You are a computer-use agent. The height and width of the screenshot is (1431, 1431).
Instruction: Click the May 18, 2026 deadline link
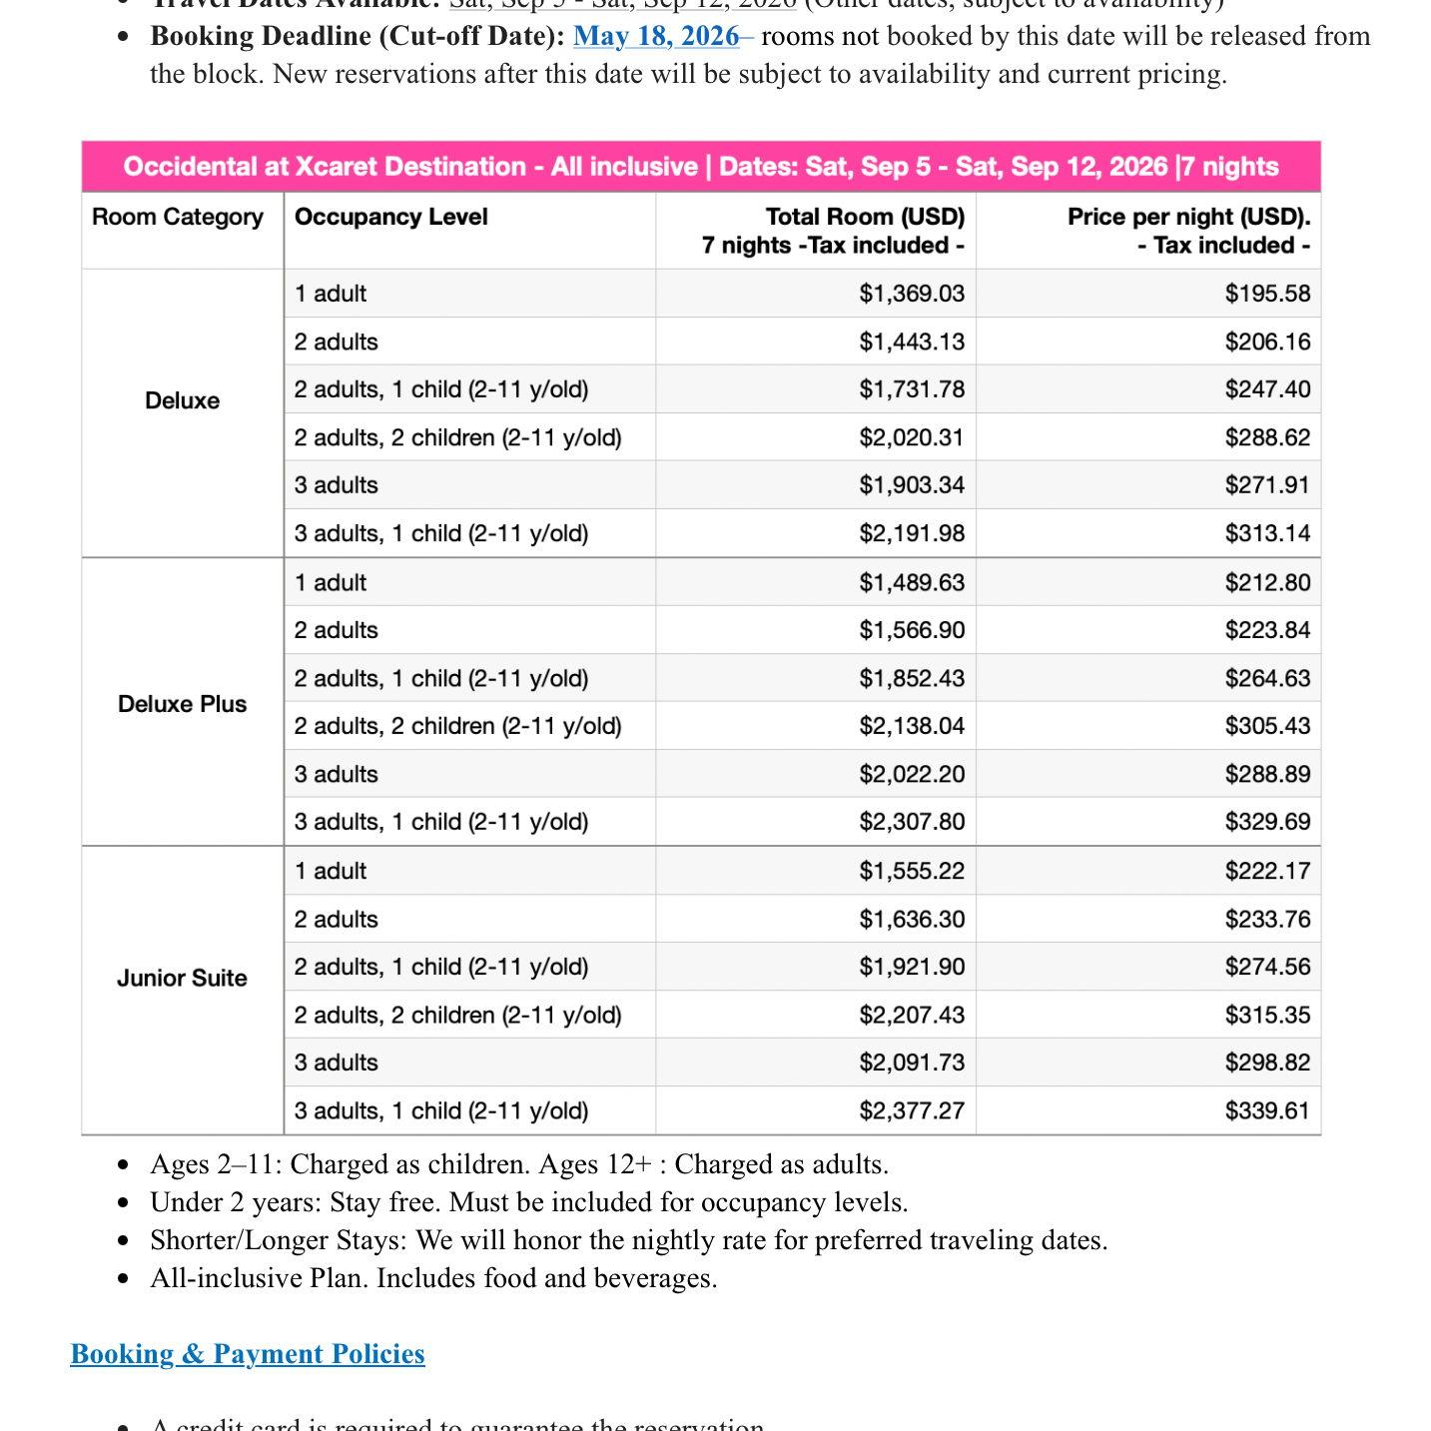coord(656,37)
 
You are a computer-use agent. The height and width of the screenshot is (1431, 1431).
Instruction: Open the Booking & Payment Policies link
coord(248,1354)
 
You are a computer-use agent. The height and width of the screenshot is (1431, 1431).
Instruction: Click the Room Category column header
coord(178,218)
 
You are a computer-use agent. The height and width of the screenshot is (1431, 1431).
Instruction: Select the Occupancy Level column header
coord(391,218)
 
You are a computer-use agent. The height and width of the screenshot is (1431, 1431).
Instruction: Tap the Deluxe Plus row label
coord(182,704)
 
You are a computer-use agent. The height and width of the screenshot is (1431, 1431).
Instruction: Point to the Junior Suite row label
coord(182,979)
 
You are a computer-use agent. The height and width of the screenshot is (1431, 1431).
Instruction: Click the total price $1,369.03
coord(912,294)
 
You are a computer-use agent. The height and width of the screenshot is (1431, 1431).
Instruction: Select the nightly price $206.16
coord(1267,343)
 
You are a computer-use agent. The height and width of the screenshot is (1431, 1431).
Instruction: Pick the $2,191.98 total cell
coord(912,534)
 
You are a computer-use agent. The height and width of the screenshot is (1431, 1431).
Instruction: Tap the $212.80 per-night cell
coord(1267,583)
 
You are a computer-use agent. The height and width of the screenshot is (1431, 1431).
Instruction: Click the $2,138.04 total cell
coord(912,727)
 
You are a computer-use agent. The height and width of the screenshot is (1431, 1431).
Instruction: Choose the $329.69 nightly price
coord(1267,823)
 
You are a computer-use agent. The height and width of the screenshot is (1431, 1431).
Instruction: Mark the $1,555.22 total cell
coord(912,872)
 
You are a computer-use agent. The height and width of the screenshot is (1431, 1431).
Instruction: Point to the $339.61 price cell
coord(1267,1111)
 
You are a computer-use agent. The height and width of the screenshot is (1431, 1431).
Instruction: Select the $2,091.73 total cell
coord(912,1064)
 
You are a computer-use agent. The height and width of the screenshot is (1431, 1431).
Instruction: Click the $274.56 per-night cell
coord(1267,968)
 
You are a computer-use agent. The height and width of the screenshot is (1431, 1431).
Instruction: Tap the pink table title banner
coord(701,167)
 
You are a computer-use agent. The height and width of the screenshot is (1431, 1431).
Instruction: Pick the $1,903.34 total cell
coord(912,486)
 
